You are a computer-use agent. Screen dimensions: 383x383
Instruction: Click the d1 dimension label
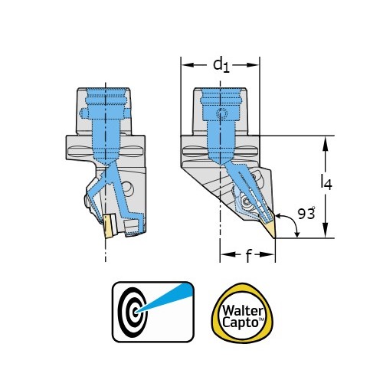(221, 65)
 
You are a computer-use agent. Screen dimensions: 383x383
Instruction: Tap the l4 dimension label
(326, 182)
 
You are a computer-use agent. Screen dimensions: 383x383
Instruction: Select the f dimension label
(248, 255)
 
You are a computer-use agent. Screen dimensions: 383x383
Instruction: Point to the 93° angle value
(306, 213)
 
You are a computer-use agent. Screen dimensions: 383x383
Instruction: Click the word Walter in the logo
(242, 311)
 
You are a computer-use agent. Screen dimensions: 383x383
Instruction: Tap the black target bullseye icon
(133, 312)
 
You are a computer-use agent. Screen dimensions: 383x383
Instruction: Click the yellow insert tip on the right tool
(270, 228)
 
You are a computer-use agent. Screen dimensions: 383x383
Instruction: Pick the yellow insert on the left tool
(109, 226)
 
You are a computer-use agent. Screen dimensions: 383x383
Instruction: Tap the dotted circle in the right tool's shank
(221, 113)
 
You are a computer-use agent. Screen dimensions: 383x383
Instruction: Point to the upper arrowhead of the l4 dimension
(325, 142)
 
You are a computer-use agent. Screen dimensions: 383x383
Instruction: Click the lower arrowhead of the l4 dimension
(325, 231)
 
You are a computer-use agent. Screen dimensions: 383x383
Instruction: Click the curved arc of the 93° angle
(293, 222)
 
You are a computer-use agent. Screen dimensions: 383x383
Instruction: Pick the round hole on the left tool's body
(127, 189)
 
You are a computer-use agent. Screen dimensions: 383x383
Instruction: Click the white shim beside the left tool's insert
(113, 224)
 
